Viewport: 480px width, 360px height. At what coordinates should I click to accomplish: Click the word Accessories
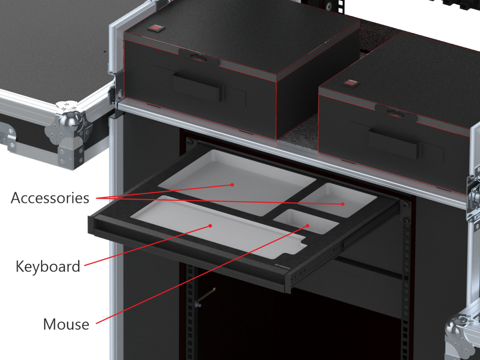49,197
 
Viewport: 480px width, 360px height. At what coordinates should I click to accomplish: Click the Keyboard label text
48,266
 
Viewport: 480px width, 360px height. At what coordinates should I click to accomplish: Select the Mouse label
66,324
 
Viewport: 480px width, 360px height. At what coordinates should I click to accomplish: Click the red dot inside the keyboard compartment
210,225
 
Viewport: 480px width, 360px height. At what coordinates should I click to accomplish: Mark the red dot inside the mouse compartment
308,225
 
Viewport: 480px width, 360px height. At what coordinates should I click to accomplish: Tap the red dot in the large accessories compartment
233,184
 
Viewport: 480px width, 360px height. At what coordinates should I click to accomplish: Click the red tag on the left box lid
154,29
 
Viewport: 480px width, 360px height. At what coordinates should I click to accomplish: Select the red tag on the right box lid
350,83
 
